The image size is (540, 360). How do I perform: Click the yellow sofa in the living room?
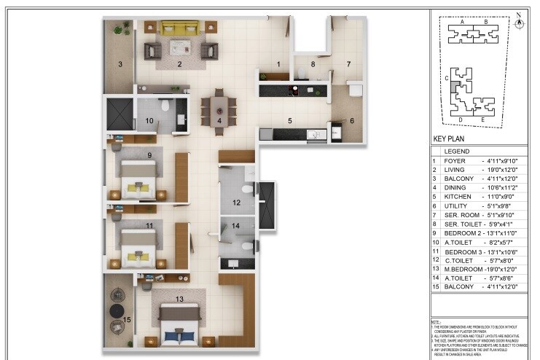179,28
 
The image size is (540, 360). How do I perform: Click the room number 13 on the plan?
179,299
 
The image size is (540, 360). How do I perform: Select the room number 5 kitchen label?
289,120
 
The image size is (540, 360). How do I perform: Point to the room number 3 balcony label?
120,63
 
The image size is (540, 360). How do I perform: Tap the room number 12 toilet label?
236,202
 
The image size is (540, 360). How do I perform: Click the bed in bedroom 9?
138,179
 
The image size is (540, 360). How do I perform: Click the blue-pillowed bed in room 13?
179,324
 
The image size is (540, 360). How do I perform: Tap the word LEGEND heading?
457,151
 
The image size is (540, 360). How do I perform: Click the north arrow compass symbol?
519,22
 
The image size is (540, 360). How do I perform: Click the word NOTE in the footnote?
435,321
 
